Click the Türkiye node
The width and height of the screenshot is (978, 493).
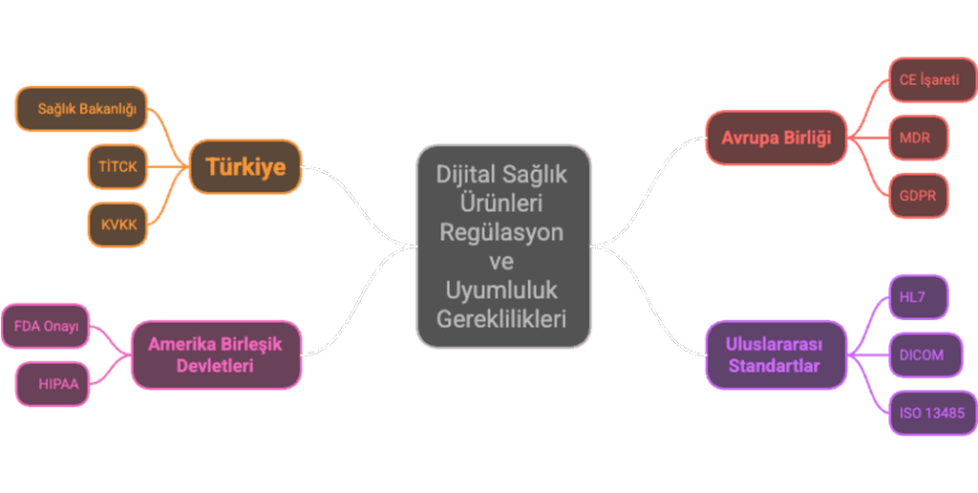click(245, 167)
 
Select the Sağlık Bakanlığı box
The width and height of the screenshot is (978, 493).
click(82, 109)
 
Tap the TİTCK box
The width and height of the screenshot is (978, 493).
click(117, 166)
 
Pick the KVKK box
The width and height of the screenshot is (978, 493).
click(117, 225)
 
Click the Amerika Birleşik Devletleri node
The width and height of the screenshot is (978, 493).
click(215, 354)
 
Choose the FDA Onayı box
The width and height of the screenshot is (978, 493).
click(46, 327)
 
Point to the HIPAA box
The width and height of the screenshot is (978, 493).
click(58, 384)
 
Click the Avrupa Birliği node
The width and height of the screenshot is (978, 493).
click(776, 138)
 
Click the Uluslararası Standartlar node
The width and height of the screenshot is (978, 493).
click(775, 354)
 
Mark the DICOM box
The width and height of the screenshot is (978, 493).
click(921, 354)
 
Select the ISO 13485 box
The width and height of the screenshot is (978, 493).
click(931, 414)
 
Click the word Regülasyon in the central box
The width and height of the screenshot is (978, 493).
click(501, 232)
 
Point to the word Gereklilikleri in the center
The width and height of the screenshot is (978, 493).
click(501, 319)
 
